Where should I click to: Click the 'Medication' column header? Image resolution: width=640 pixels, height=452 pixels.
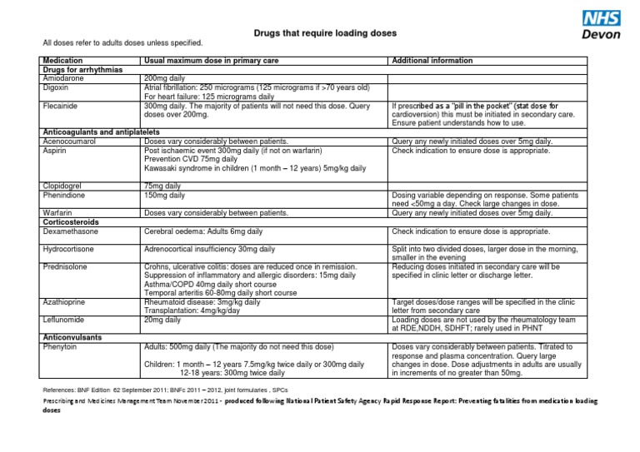click(x=62, y=61)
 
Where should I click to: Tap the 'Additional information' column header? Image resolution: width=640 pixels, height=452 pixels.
click(x=432, y=61)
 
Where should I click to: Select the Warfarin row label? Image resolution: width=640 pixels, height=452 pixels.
click(x=57, y=213)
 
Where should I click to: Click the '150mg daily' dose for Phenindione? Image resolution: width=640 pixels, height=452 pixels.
click(x=165, y=195)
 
